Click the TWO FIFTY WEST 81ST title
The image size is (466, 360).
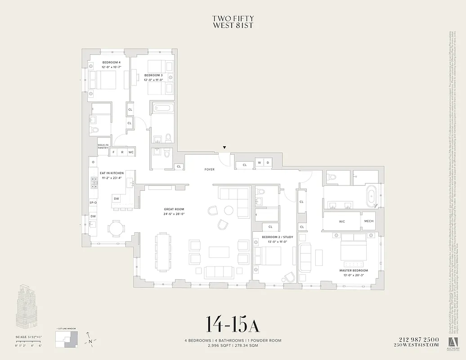(x=233, y=22)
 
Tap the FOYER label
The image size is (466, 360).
(x=209, y=170)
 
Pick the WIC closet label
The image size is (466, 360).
(x=341, y=221)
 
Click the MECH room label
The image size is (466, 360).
(x=369, y=221)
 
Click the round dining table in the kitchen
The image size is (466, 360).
(x=116, y=229)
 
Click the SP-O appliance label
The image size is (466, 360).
(x=93, y=203)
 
